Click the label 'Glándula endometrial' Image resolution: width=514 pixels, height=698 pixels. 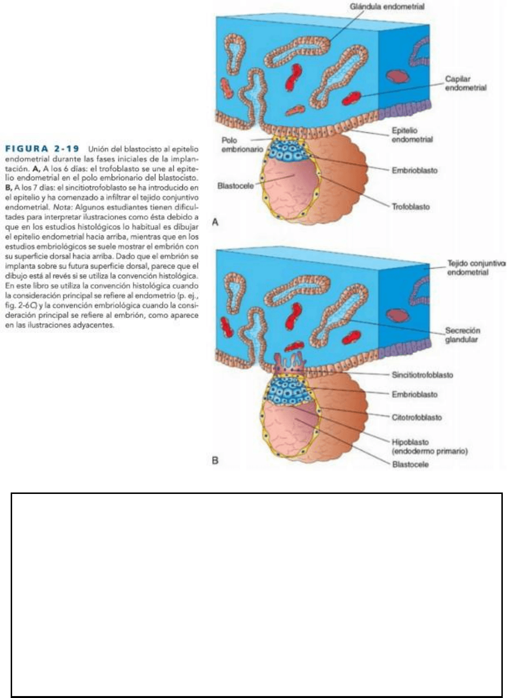click(387, 7)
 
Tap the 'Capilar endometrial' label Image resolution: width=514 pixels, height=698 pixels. click(465, 83)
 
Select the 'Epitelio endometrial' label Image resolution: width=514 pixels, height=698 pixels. click(412, 135)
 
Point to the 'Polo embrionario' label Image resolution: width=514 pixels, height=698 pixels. click(242, 144)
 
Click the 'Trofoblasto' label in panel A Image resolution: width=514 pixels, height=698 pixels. click(411, 206)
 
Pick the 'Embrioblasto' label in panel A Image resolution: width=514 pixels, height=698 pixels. click(415, 170)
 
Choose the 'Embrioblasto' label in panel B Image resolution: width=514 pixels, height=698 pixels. click(415, 394)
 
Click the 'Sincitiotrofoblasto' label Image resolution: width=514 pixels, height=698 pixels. click(422, 375)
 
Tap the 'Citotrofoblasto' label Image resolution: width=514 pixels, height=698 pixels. click(416, 417)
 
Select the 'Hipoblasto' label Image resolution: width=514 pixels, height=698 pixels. click(410, 442)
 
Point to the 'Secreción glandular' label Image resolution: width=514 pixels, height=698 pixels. click(463, 335)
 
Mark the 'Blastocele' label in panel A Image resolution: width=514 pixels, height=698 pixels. click(235, 186)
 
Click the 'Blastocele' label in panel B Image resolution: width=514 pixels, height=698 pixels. click(410, 464)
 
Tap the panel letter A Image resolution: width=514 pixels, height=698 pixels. click(216, 222)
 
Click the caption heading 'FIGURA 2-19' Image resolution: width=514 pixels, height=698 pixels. click(41, 148)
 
